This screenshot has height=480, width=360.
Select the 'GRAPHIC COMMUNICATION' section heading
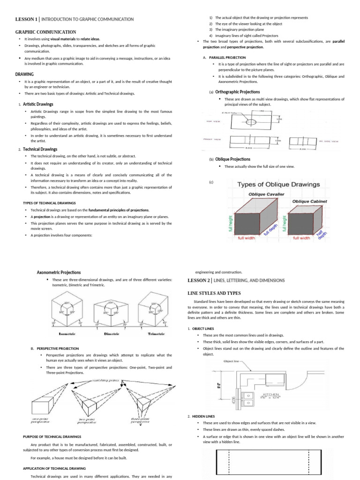point(46,31)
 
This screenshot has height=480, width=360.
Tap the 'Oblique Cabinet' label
point(309,202)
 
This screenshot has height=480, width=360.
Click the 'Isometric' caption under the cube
point(67,334)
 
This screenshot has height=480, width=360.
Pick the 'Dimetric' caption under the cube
point(111,334)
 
